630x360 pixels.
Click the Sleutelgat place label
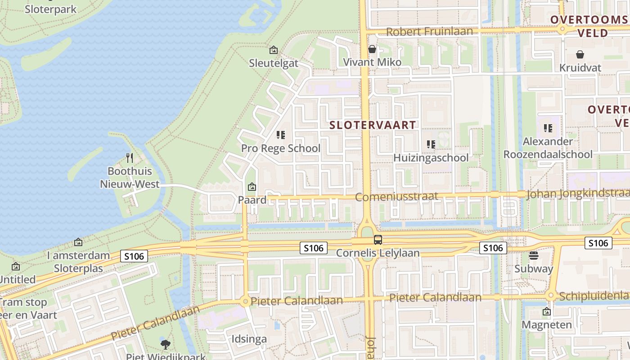tap(274, 63)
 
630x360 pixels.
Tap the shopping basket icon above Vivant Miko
tap(372, 49)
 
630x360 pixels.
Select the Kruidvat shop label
tap(580, 67)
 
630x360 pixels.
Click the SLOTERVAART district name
tap(373, 125)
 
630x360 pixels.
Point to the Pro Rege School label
tap(281, 148)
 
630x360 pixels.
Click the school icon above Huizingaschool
tap(431, 144)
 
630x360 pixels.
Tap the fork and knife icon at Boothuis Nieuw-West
tap(130, 158)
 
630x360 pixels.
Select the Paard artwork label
tap(252, 200)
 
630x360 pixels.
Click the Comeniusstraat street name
tap(396, 197)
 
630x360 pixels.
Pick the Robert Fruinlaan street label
tap(429, 31)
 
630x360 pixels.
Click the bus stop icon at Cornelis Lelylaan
tap(378, 240)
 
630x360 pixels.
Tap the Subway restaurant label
tap(534, 269)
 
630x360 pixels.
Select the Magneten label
tap(547, 324)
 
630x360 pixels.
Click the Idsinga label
tap(249, 339)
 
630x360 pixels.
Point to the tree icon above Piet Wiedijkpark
tap(166, 345)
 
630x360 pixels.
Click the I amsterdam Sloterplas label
tap(78, 262)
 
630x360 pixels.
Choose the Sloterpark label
tap(50, 9)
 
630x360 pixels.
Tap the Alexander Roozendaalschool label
tap(548, 148)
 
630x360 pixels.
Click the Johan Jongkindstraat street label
tap(577, 194)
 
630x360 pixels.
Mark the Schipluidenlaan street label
tap(594, 296)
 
